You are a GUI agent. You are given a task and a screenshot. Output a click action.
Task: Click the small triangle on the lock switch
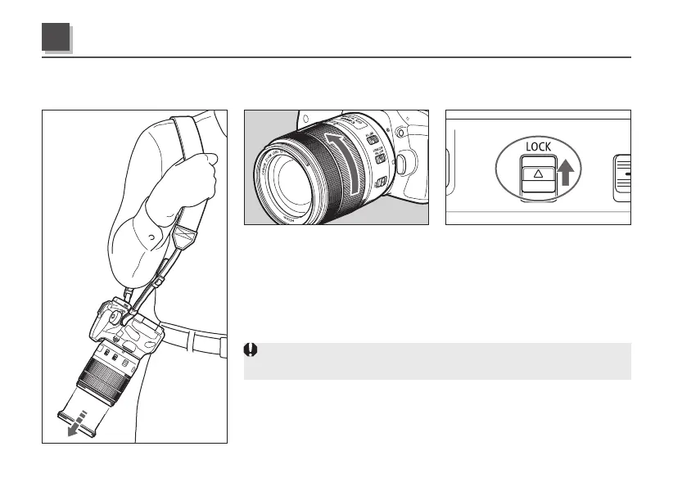coord(539,174)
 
